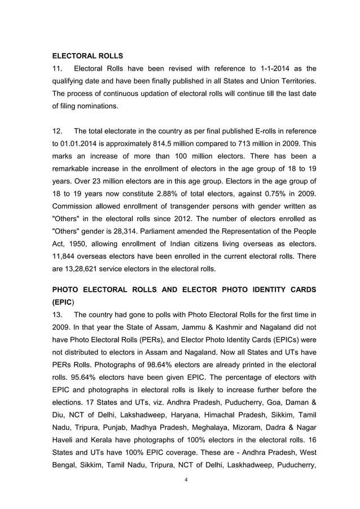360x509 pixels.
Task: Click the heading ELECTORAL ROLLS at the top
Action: point(87,56)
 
